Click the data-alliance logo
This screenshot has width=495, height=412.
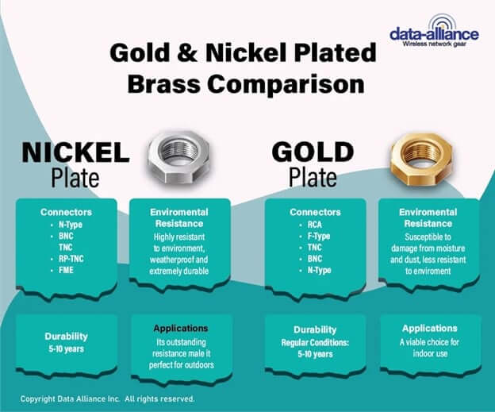(x=434, y=31)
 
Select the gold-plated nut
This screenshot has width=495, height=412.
(x=421, y=159)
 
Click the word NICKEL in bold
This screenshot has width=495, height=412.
(x=76, y=152)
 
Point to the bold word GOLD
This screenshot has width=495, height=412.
(x=313, y=152)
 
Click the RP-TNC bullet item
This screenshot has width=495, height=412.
(x=71, y=259)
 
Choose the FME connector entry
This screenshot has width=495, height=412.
(x=66, y=270)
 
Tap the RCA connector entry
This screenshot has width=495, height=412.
(x=315, y=225)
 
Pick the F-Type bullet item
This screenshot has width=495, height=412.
(x=319, y=237)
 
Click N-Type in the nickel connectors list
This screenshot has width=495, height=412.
(x=71, y=225)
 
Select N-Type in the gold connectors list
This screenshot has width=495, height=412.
(x=320, y=271)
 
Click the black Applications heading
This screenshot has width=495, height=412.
(x=181, y=329)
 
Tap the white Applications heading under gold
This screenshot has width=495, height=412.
(x=430, y=329)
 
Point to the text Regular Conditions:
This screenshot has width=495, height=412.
(x=315, y=342)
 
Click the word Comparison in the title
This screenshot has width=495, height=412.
(x=286, y=84)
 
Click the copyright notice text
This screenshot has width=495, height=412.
(x=107, y=399)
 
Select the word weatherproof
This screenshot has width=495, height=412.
(x=170, y=260)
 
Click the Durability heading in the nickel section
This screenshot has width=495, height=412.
(x=67, y=337)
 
